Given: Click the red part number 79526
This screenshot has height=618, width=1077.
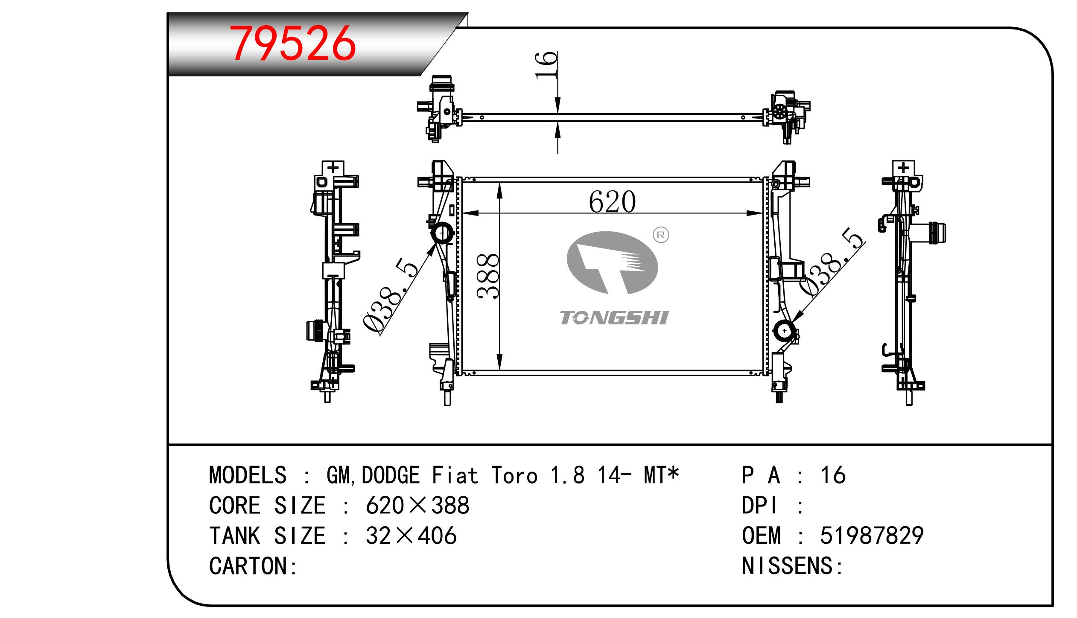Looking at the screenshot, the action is tap(293, 43).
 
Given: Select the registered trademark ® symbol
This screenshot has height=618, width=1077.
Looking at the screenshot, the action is tap(661, 235).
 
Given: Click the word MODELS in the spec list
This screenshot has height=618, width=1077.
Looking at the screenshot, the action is tap(248, 475).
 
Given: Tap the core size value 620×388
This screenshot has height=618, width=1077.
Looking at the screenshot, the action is tap(417, 505).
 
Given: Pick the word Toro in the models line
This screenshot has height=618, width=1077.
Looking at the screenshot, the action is tap(514, 475).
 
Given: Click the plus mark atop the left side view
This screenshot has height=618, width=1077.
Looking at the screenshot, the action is tap(333, 167).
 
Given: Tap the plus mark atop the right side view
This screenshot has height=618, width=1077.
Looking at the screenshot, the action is tap(903, 167).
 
